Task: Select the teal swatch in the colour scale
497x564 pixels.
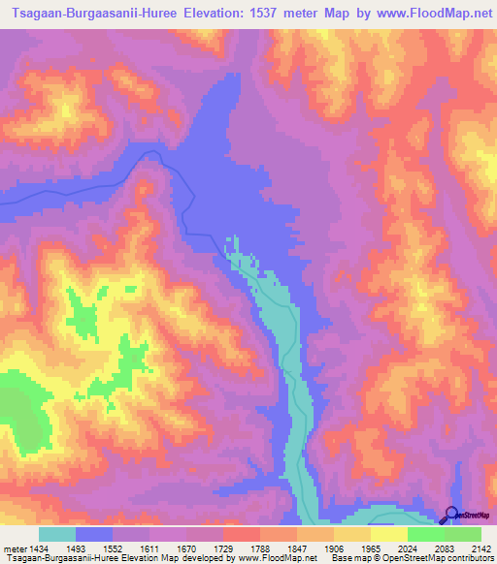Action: coord(57,534)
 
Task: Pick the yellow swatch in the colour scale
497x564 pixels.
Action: coord(388,534)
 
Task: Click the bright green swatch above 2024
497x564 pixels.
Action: coord(425,534)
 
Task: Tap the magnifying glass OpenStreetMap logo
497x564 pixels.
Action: coord(449,515)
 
